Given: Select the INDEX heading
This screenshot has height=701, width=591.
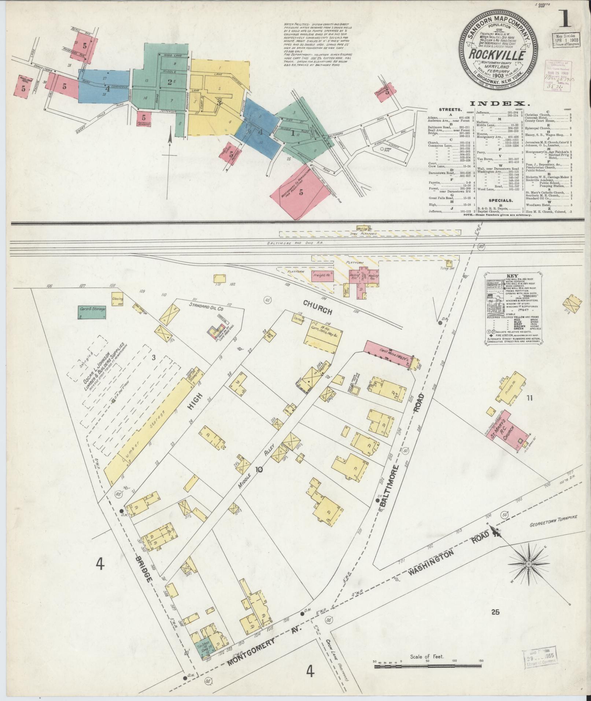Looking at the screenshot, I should (499, 104).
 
